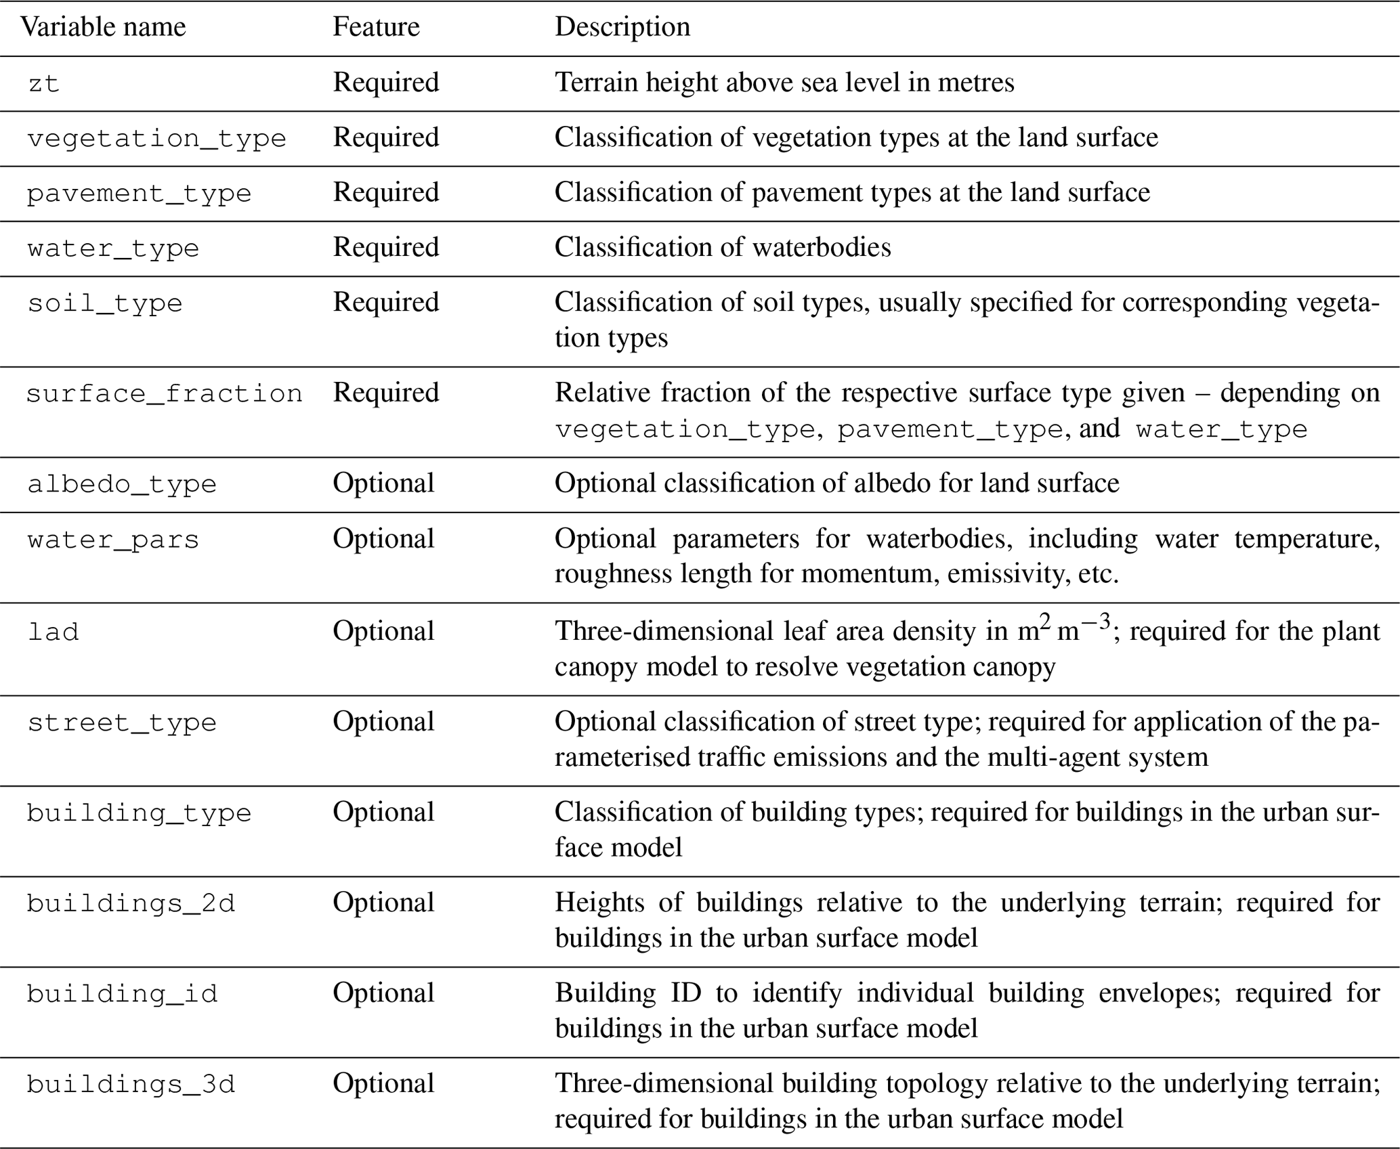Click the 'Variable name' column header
coord(103,27)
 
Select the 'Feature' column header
coord(376,27)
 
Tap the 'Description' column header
coord(622,27)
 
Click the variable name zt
coord(44,84)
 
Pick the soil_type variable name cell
coord(105,303)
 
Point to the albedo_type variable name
coord(122,484)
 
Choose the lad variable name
coord(54,632)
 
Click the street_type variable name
coord(122,722)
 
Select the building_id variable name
coord(123,994)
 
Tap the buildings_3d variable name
coord(131,1085)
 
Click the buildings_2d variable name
coord(131,903)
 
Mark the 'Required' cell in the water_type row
coord(385,247)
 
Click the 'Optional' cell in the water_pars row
coord(383,539)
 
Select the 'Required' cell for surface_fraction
coord(385,393)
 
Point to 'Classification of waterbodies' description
coord(723,247)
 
